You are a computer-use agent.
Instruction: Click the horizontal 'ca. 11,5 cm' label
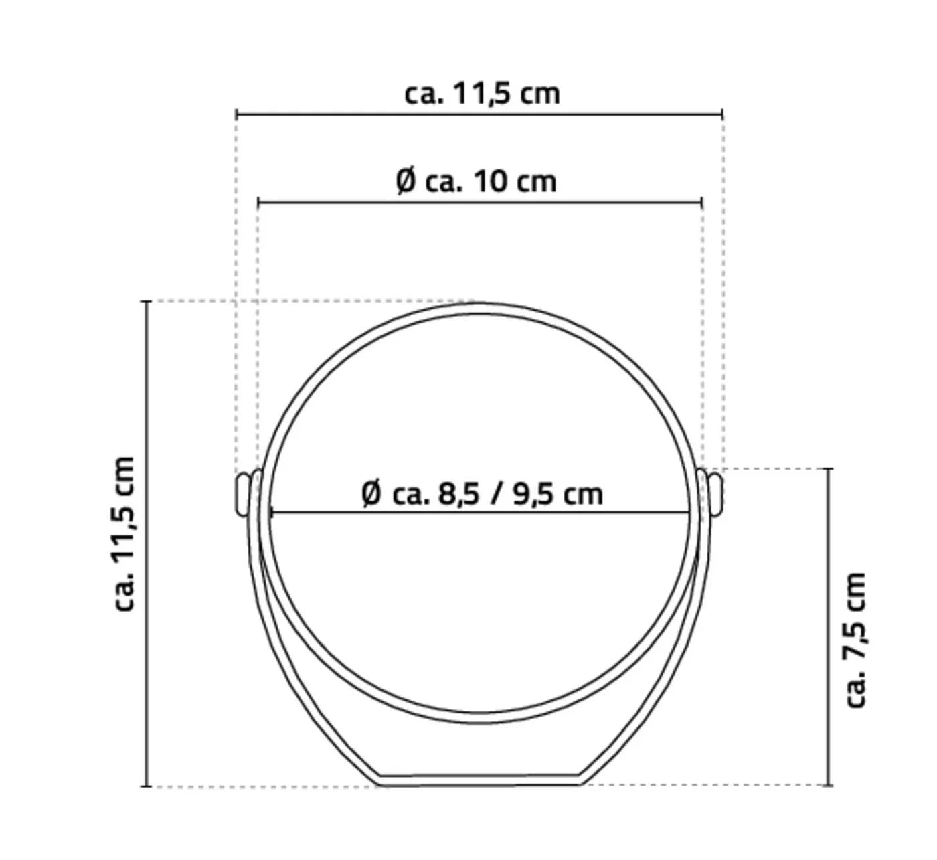pos(482,94)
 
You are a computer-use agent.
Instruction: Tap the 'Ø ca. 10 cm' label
pos(476,182)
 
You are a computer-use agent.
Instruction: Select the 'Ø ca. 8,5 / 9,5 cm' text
pos(482,494)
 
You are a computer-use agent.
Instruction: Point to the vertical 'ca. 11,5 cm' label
pos(124,534)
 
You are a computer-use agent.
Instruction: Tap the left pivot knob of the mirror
pos(242,494)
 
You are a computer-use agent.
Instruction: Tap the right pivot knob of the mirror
pos(715,494)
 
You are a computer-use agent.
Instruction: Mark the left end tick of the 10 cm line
pos(258,202)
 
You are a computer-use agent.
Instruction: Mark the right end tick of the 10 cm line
pos(701,202)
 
